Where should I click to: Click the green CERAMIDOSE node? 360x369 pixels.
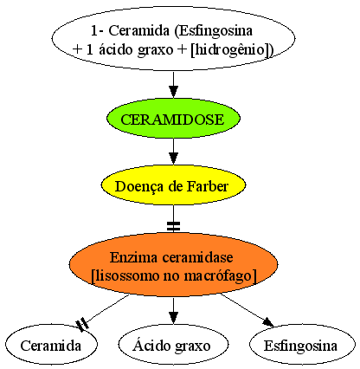point(173,119)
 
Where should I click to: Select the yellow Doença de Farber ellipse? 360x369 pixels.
point(173,185)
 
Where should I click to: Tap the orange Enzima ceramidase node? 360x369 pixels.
point(173,265)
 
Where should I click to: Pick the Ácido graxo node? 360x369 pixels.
point(173,345)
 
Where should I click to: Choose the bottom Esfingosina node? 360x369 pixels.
point(302,345)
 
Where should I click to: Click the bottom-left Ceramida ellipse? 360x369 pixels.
point(51,345)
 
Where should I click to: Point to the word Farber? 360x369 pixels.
point(208,186)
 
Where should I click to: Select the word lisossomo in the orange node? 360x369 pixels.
point(125,275)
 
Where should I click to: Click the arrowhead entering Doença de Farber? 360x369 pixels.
point(173,159)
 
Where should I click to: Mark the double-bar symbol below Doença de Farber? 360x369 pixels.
point(173,226)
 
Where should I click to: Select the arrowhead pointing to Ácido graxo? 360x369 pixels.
point(173,318)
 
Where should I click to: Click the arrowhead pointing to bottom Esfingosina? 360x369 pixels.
point(268,322)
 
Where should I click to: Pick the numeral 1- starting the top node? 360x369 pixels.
point(98,30)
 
